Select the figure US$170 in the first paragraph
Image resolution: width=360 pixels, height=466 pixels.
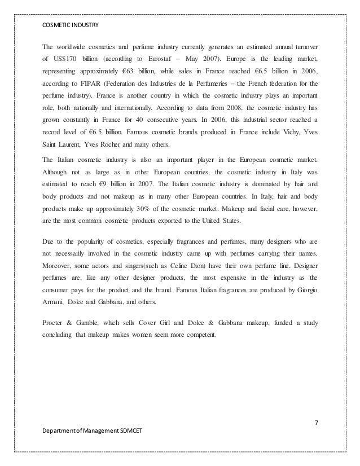[x=65, y=58]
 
